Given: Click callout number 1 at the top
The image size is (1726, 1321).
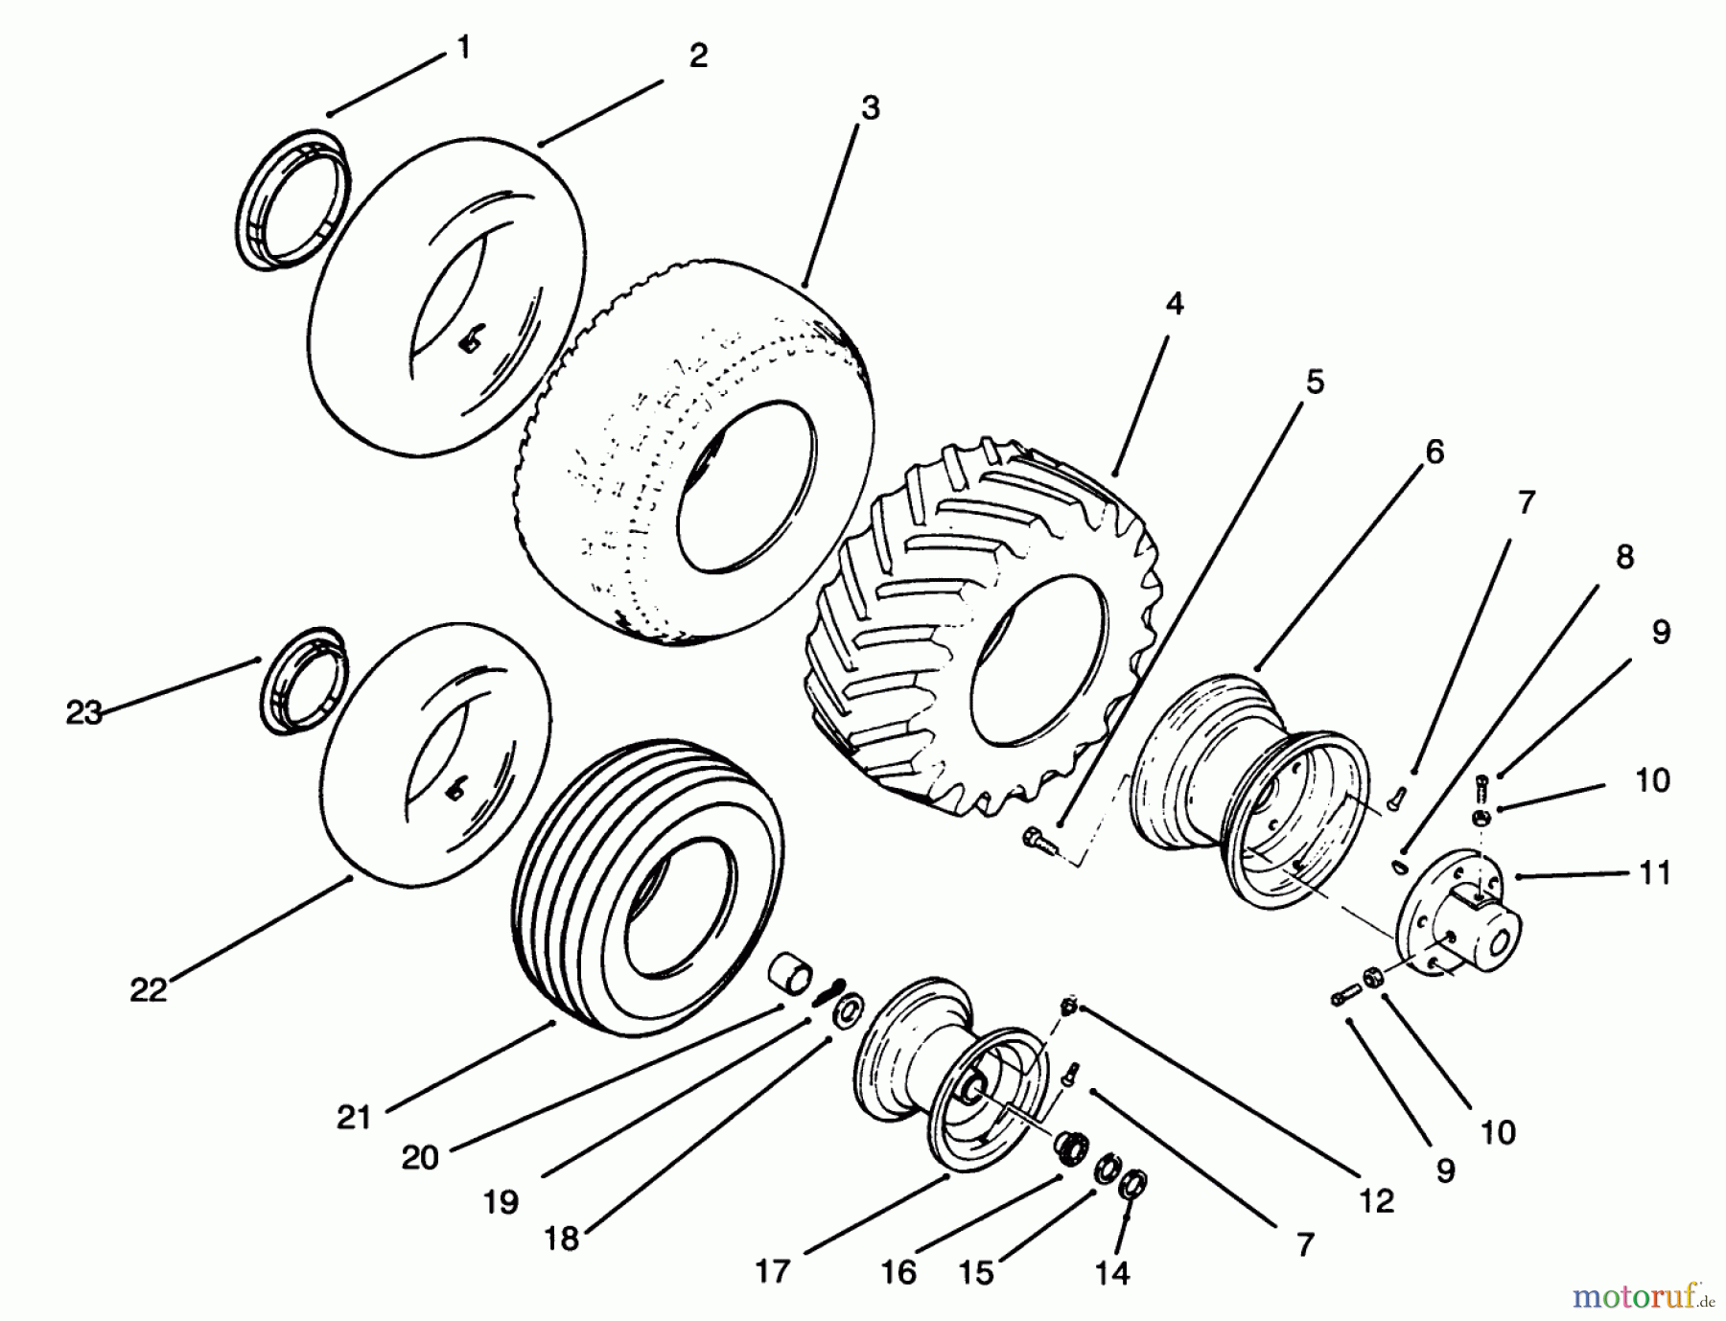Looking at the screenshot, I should [x=464, y=48].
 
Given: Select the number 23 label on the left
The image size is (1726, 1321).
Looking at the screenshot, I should [x=83, y=713].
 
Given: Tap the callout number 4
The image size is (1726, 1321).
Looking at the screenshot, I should [x=1175, y=304].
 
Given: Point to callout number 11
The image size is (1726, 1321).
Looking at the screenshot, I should [x=1655, y=873].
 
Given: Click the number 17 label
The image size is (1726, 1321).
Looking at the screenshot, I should [x=772, y=1272].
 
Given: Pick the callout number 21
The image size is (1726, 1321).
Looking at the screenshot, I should [x=354, y=1118].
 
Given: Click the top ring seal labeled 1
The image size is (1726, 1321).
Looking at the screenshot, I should [x=288, y=197].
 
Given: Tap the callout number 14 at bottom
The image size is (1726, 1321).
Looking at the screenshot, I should [x=1111, y=1272].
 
